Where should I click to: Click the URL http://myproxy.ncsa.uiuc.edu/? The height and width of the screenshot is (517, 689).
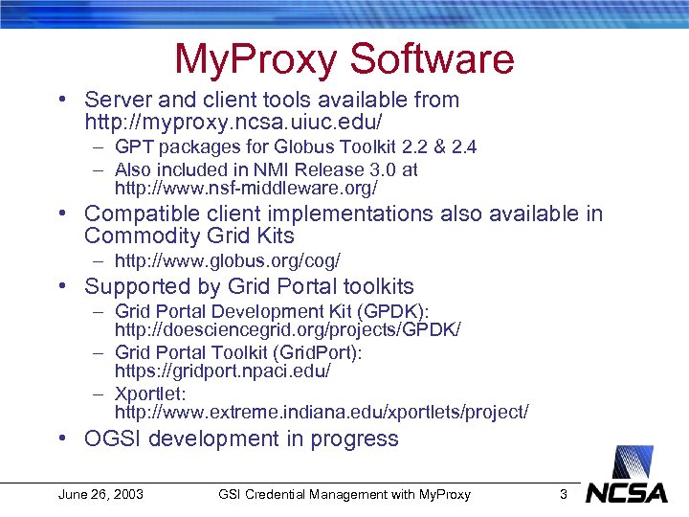pyautogui.click(x=233, y=124)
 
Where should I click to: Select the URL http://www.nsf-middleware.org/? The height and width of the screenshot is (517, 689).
pyautogui.click(x=246, y=189)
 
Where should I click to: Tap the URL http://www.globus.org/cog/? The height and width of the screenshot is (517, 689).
pyautogui.click(x=227, y=260)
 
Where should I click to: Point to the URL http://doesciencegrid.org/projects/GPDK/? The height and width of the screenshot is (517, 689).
pyautogui.click(x=287, y=330)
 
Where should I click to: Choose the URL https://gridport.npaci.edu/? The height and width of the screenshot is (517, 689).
pyautogui.click(x=222, y=371)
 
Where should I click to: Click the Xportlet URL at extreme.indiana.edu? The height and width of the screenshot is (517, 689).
pyautogui.click(x=322, y=413)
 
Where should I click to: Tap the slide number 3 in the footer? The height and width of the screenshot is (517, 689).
pyautogui.click(x=564, y=495)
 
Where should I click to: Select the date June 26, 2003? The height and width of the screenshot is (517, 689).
pyautogui.click(x=100, y=495)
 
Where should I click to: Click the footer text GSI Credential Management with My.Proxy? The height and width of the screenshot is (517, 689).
pyautogui.click(x=344, y=495)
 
